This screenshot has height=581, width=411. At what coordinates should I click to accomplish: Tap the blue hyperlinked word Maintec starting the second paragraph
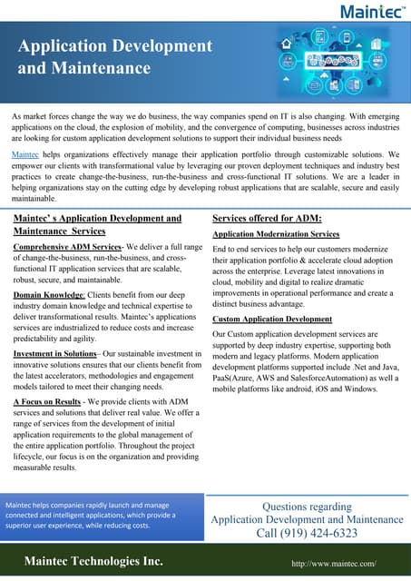coord(24,156)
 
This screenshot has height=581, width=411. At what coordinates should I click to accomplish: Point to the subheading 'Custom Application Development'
coord(272,320)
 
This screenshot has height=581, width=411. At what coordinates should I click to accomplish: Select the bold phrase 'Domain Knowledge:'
coord(51,296)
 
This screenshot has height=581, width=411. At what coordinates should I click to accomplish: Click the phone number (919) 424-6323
coord(308,534)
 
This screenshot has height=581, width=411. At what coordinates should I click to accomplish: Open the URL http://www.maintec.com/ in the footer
coord(333,564)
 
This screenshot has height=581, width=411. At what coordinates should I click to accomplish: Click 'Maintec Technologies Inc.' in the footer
coord(93,563)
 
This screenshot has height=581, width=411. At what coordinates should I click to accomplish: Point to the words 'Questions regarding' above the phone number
coord(307,507)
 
